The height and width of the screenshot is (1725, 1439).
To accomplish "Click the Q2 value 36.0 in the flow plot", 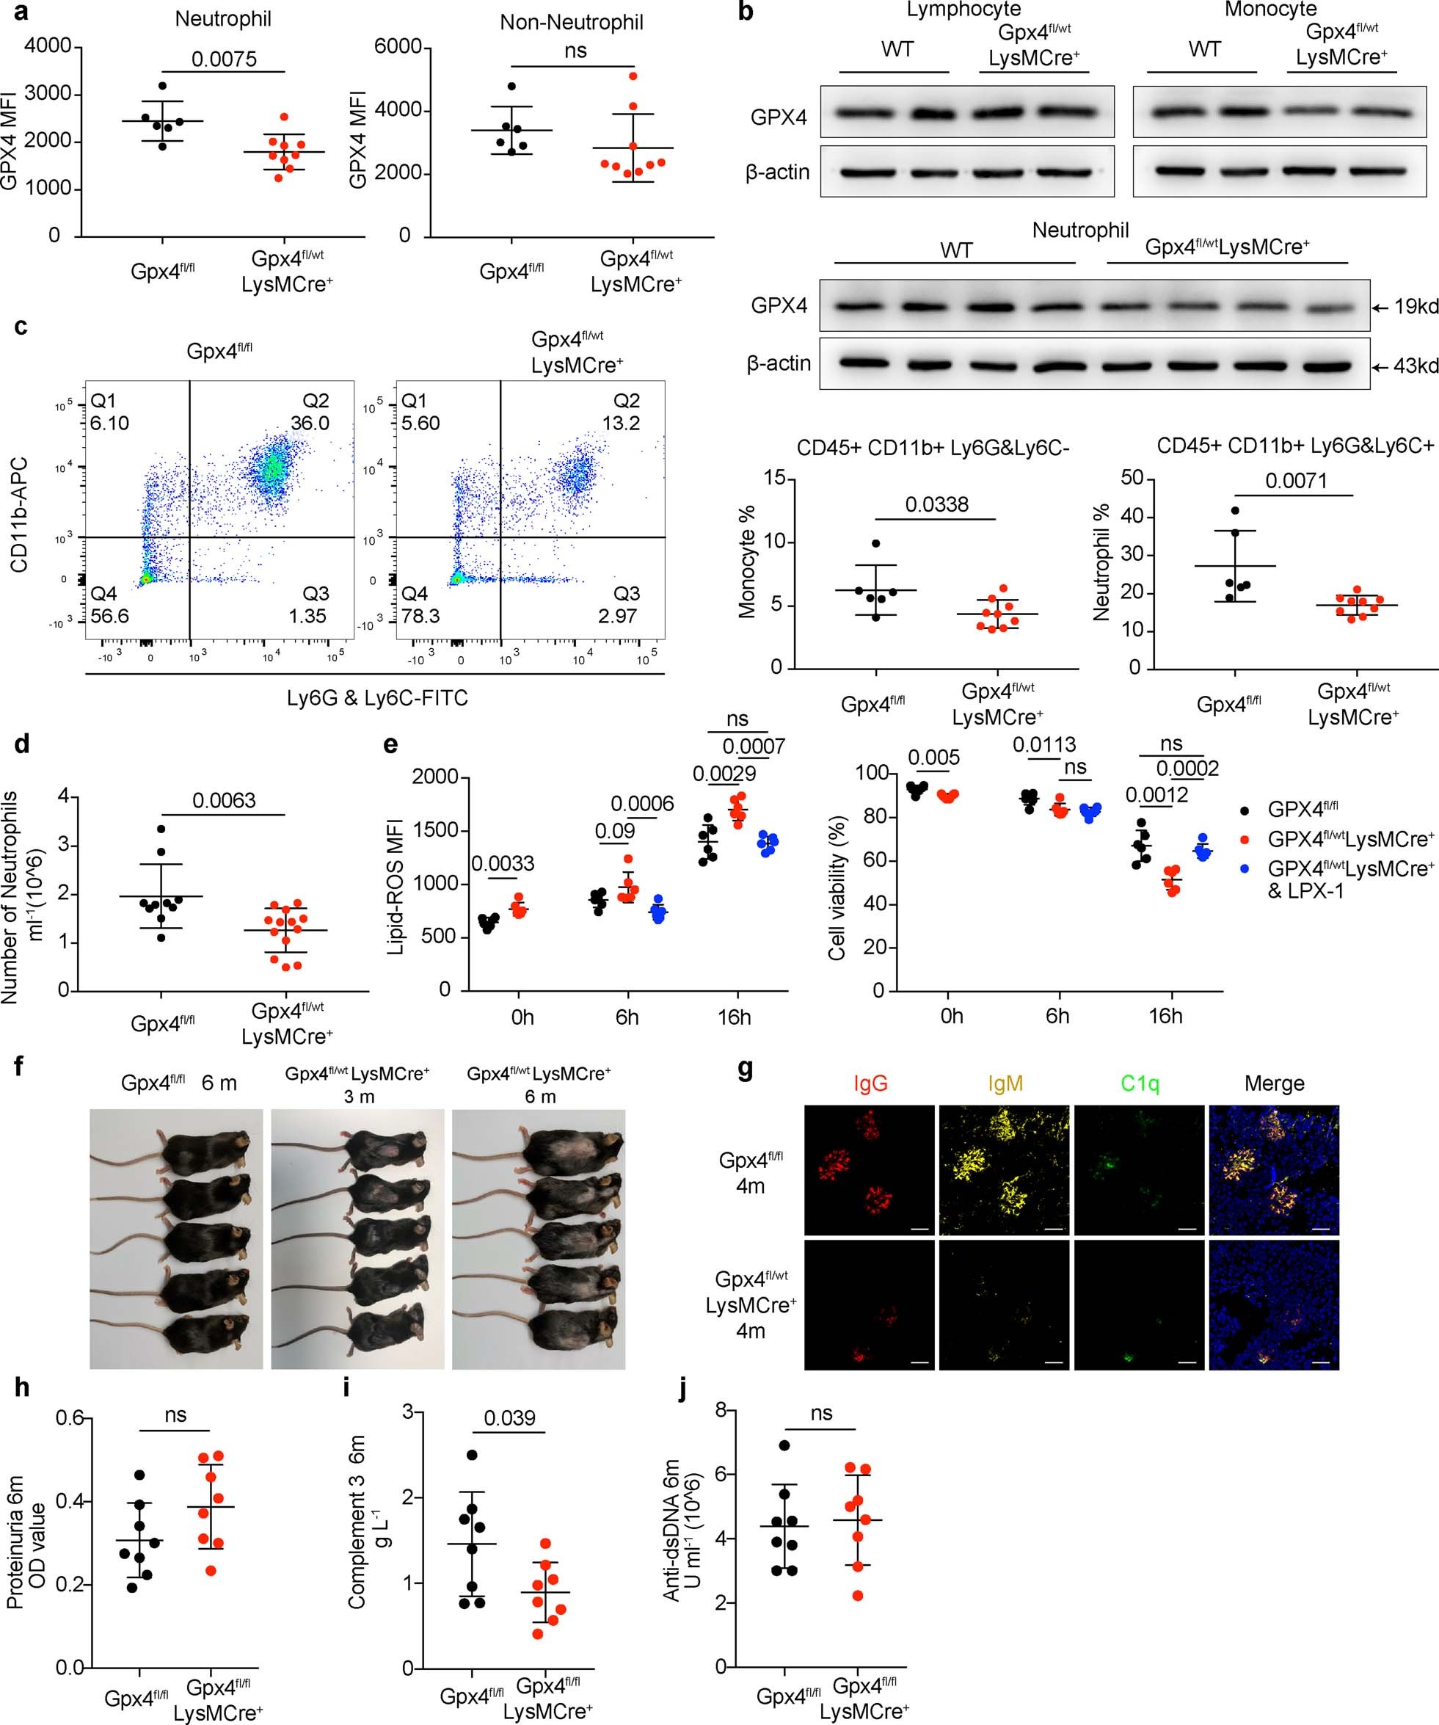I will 310,423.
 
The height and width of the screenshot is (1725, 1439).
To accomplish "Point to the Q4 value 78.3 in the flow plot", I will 421,616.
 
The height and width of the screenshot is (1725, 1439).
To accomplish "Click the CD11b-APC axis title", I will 20,515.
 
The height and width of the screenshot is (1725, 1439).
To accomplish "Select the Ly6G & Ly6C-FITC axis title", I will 377,698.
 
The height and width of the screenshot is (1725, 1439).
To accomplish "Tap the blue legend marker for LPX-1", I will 1246,868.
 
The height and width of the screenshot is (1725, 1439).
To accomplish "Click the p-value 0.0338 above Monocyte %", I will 936,504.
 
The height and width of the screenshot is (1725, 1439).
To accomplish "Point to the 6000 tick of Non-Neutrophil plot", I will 398,47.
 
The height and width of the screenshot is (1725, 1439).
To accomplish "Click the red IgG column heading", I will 870,1083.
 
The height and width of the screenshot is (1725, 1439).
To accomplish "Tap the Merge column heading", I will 1273,1083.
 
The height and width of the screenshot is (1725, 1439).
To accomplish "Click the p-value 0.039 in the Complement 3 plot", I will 509,1417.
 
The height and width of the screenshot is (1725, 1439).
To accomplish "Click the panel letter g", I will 746,1070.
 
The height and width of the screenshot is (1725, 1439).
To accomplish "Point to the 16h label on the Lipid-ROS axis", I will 734,1017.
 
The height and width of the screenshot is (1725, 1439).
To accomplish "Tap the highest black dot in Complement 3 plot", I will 473,1455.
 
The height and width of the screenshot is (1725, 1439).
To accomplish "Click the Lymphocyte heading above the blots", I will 963,10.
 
